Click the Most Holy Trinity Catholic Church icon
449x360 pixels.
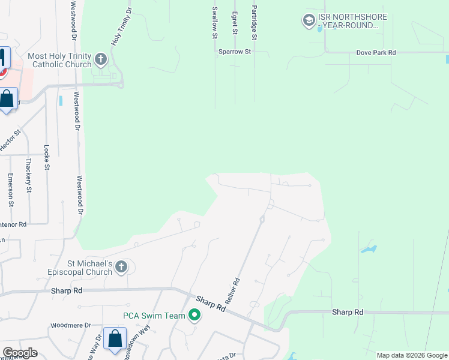point(100,59)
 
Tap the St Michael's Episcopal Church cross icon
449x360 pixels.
point(121,267)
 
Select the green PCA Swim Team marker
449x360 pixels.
point(194,315)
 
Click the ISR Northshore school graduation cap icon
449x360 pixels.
point(309,21)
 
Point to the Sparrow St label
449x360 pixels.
point(234,52)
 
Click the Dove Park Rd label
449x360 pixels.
point(377,53)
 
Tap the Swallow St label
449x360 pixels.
point(214,23)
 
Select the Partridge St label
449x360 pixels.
point(255,23)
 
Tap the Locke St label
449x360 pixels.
point(47,157)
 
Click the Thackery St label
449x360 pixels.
point(29,175)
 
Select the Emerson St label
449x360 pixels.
point(10,190)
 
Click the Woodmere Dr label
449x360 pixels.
point(70,325)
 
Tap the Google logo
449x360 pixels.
point(20,353)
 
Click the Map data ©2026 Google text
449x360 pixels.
point(411,355)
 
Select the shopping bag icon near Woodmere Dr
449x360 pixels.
point(114,338)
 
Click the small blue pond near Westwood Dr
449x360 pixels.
point(61,100)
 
